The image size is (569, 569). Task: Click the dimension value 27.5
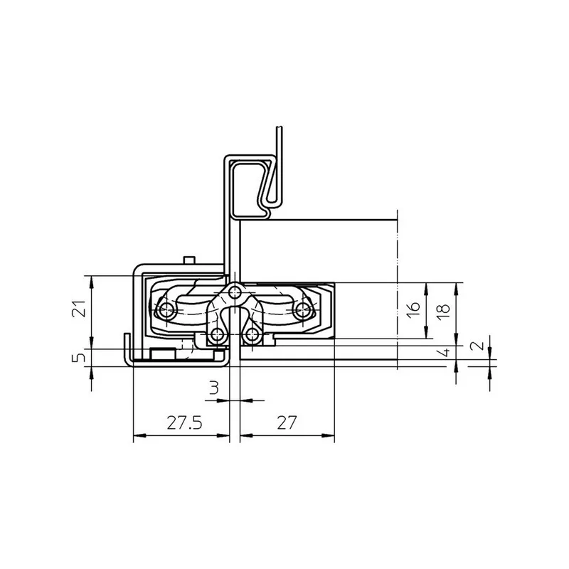pos(184,422)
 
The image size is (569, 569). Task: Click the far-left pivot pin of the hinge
pos(166,309)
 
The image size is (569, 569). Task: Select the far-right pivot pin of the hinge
pos(304,309)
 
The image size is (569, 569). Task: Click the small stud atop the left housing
pos(188,260)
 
